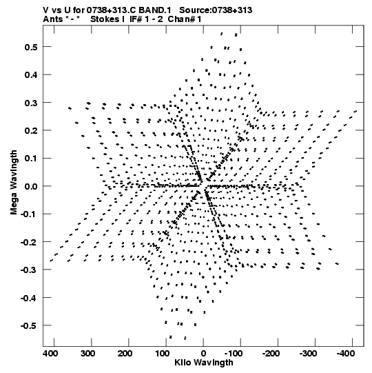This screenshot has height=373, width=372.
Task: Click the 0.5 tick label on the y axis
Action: pos(31,47)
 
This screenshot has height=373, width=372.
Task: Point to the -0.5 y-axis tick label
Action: pos(29,325)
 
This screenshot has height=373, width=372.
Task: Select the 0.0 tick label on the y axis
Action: pos(31,186)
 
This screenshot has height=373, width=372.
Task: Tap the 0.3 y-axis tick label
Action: pos(31,103)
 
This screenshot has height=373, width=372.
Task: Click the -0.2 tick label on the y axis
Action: pos(29,242)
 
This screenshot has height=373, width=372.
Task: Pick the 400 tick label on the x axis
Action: pos(50,354)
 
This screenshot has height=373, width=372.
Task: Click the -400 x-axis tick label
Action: pos(346,354)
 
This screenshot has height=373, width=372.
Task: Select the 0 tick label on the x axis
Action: pos(203,354)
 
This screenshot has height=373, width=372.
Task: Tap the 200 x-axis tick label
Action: pos(125,354)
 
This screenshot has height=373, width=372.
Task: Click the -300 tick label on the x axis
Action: pos(308,354)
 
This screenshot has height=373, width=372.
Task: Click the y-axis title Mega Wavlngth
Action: pos(14,183)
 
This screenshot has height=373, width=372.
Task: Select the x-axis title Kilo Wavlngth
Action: pos(204,363)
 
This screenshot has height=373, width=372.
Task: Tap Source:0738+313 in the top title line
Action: pos(216,10)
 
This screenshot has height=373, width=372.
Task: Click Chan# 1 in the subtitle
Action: pos(185,19)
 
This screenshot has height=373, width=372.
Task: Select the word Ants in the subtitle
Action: pos(53,19)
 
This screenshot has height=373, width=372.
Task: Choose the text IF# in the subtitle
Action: pos(136,19)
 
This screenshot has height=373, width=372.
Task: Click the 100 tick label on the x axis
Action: pos(162,354)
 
